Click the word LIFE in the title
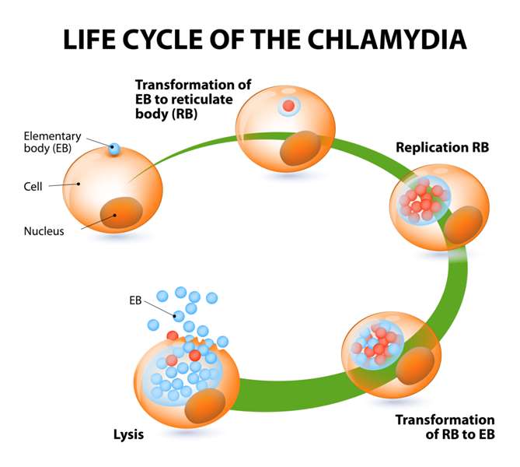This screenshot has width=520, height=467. [x=89, y=38]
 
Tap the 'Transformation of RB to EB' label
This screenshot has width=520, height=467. [x=445, y=427]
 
